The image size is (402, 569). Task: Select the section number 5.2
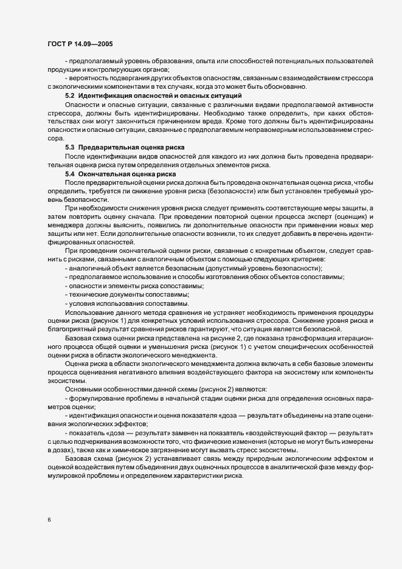(x=69, y=96)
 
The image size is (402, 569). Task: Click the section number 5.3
(x=69, y=148)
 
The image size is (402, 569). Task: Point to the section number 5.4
(x=69, y=174)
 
